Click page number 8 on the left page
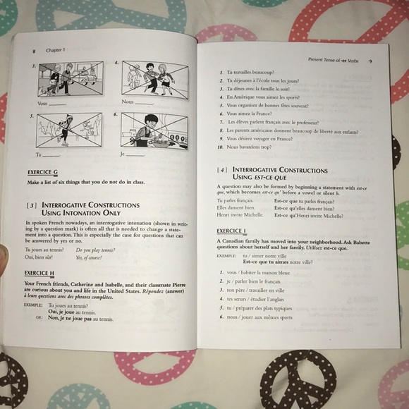33,51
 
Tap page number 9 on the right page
370,61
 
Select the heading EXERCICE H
39,273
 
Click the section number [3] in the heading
32,205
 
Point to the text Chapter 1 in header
55,50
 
